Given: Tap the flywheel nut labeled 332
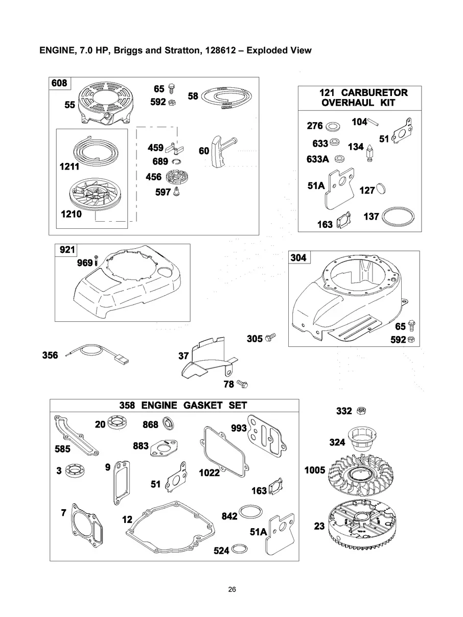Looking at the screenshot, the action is coord(361,411).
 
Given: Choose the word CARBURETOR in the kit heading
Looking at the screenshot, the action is coord(374,92).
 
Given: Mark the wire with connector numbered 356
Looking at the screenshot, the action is coord(97,354).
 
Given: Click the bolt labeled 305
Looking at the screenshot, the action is coord(270,337).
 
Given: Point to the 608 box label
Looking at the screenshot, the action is coord(59,83).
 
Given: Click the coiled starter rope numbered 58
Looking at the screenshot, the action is coord(227,97).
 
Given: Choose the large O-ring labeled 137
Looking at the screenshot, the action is coord(398,216).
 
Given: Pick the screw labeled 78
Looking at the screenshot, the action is coord(242,384).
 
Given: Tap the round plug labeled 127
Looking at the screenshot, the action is coord(381,188).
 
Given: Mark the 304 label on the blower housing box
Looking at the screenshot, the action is coord(299,257).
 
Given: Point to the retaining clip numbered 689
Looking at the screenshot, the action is coord(177,161).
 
